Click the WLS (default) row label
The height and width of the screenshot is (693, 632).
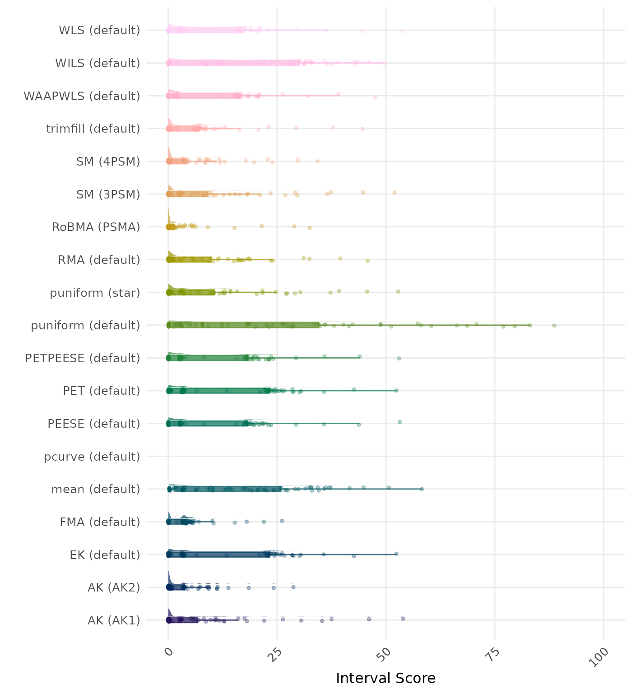tap(99, 30)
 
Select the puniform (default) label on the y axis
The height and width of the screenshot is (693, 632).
tap(85, 325)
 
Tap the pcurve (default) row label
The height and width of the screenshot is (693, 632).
tap(92, 457)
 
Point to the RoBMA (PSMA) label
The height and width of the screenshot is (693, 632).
tap(96, 227)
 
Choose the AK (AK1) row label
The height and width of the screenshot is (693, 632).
tap(114, 620)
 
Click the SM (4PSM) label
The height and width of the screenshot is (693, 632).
tap(108, 162)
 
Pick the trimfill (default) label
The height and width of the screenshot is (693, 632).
tap(93, 129)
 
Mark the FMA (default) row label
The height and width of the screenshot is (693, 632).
tap(100, 522)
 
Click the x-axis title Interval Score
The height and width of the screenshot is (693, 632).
tap(386, 678)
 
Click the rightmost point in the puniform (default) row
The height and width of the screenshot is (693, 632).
tap(554, 325)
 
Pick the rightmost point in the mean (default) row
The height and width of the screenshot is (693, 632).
tap(422, 489)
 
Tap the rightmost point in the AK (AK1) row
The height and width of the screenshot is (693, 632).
tap(403, 619)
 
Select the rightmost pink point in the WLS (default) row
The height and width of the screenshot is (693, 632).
tap(402, 31)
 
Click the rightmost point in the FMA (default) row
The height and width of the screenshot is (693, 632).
tap(282, 521)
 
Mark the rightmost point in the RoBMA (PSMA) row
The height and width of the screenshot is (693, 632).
tap(309, 227)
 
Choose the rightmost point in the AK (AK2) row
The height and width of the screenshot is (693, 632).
tap(293, 587)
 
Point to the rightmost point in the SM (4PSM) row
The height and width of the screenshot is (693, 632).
tap(317, 161)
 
